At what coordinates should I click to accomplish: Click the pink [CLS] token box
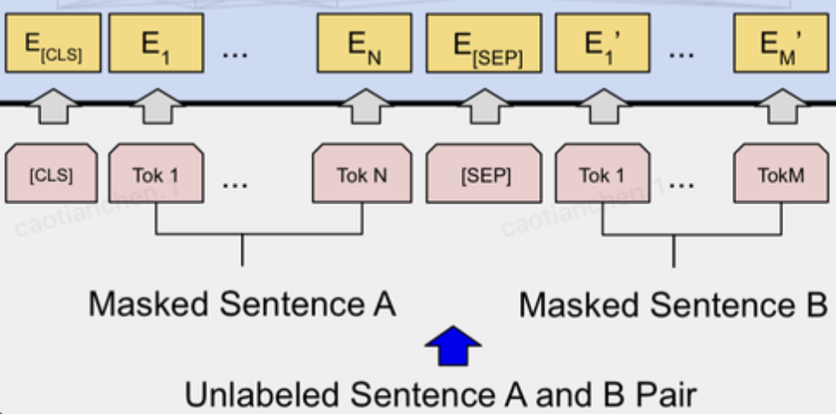(51, 175)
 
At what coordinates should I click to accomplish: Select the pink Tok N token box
(362, 175)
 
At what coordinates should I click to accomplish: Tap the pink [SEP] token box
(486, 175)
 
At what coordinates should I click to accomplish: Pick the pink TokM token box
(780, 175)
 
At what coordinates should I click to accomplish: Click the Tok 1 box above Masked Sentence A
(156, 175)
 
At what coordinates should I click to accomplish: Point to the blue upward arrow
(453, 346)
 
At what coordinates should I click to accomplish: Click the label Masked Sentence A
(241, 305)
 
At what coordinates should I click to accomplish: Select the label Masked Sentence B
(672, 305)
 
